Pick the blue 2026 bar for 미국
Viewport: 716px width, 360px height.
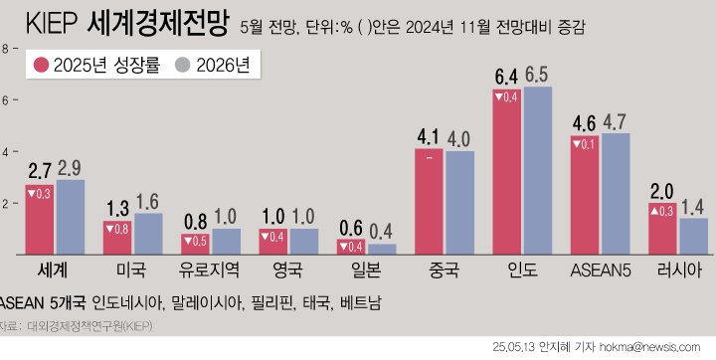coord(148,235)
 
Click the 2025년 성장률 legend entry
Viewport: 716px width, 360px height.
coord(95,67)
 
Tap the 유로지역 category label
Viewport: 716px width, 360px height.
coord(210,270)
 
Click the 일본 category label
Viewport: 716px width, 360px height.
coord(366,270)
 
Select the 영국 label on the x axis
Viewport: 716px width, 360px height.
coord(288,270)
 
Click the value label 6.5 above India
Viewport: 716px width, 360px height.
coord(538,75)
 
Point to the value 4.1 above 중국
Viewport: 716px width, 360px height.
coord(429,136)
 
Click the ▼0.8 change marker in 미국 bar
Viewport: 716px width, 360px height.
coord(117,229)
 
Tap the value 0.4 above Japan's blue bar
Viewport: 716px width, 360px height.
coord(381,231)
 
